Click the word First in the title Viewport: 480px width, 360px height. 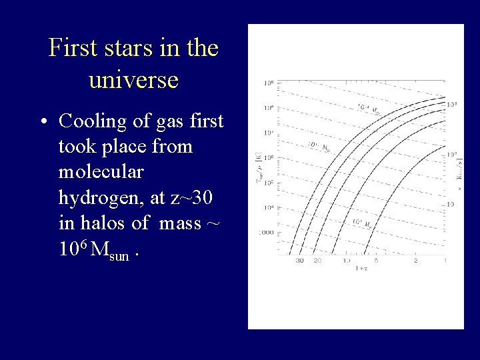71,49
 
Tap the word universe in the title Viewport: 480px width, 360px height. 133,80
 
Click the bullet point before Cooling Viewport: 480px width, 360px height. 43,122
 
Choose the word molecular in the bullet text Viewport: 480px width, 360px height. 101,172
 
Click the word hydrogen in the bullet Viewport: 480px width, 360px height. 100,198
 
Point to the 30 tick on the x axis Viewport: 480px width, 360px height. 300,261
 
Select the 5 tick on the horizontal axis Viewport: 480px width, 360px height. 375,261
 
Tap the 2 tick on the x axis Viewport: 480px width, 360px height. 416,261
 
